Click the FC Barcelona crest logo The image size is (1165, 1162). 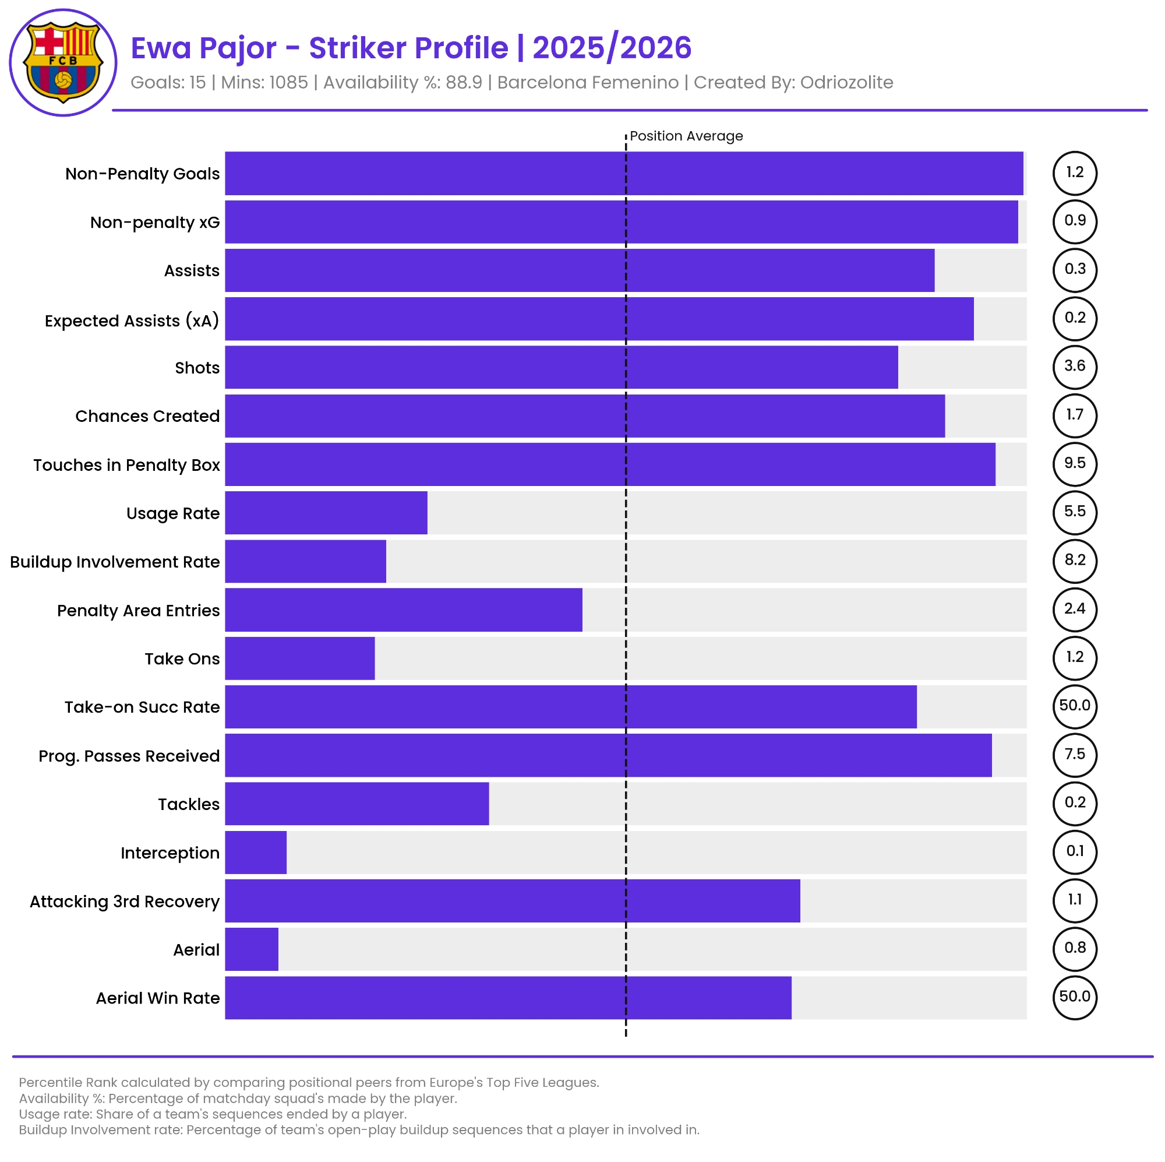coord(63,62)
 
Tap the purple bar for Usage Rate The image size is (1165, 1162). coord(326,513)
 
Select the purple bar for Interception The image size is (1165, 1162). coord(256,852)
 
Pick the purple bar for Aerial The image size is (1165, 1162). coord(252,949)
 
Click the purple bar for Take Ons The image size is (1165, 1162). coord(299,659)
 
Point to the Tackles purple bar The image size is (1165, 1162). coord(356,804)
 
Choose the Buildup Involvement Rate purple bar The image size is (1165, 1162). coord(305,561)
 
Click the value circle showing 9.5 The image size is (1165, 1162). coord(1075,463)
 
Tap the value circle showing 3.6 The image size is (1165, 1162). coord(1075,366)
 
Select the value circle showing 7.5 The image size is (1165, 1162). coord(1075,754)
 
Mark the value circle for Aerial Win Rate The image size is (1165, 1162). coord(1075,996)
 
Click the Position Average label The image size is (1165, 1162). coord(686,136)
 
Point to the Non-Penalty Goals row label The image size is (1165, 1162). coord(142,174)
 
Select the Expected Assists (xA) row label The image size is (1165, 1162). coord(132,321)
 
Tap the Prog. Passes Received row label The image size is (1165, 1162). coord(129,756)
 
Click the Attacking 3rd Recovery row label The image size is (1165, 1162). coord(125,902)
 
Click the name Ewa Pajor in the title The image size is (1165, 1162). coord(203,48)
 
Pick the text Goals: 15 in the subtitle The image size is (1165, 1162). coord(168,83)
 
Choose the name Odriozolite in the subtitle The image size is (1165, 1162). coord(846,83)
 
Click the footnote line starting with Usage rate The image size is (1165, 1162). coord(213,1114)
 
